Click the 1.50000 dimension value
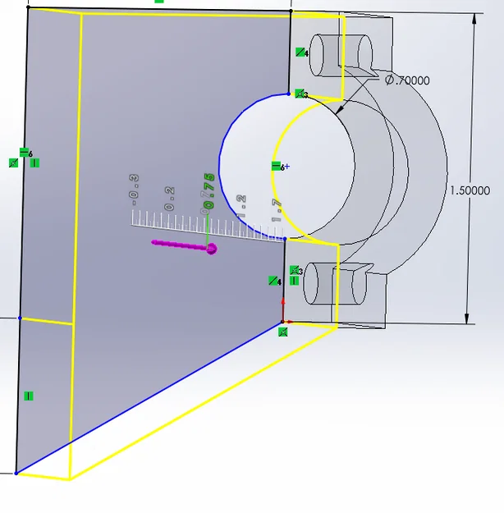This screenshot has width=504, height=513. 470,190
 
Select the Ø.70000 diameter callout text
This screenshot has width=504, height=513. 407,80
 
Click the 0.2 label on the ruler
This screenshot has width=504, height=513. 169,198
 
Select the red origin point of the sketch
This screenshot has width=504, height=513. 283,322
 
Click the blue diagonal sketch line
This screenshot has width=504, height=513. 148,398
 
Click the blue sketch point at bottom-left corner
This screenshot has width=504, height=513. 16,473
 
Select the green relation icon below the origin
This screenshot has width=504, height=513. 282,332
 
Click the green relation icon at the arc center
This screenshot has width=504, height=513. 277,166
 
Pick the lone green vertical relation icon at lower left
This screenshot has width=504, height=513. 29,396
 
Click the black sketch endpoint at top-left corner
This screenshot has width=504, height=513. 28,7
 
